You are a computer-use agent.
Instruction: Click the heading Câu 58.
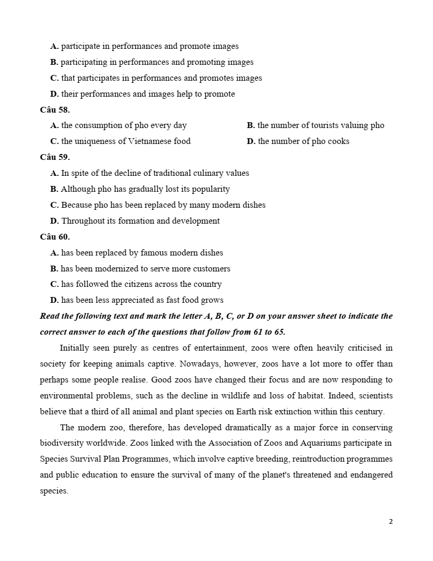[x=55, y=110]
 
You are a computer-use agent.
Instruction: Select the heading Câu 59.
[x=55, y=157]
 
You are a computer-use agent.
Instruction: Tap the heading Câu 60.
[x=55, y=237]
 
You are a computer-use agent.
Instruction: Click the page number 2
[x=391, y=521]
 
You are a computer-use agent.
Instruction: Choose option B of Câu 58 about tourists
[x=315, y=125]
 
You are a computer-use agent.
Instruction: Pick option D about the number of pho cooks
[x=298, y=141]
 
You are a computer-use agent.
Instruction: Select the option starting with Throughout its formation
[x=135, y=221]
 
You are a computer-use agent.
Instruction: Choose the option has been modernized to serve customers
[x=140, y=269]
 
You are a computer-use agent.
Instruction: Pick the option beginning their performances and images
[x=142, y=94]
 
